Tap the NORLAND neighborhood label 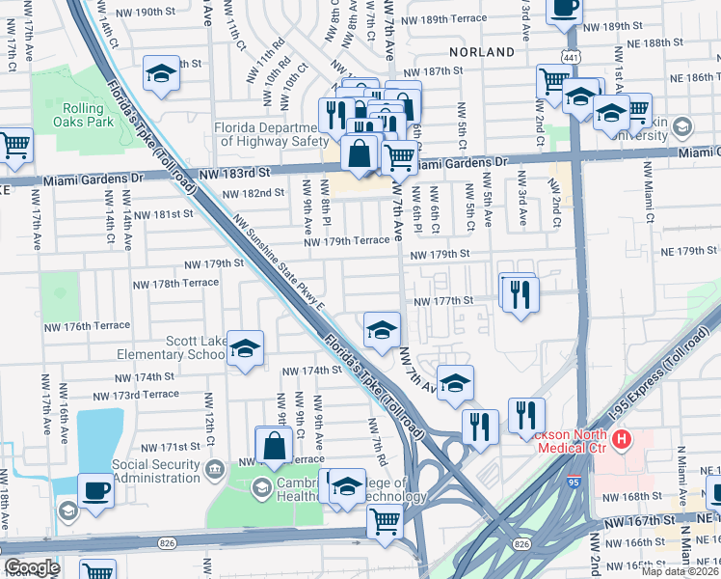coord(482,51)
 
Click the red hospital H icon coord(622,440)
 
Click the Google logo coord(32,567)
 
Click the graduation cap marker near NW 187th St coord(161,74)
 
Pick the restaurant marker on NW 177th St coord(520,294)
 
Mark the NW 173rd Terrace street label coord(136,395)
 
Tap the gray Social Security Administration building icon coord(214,470)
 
